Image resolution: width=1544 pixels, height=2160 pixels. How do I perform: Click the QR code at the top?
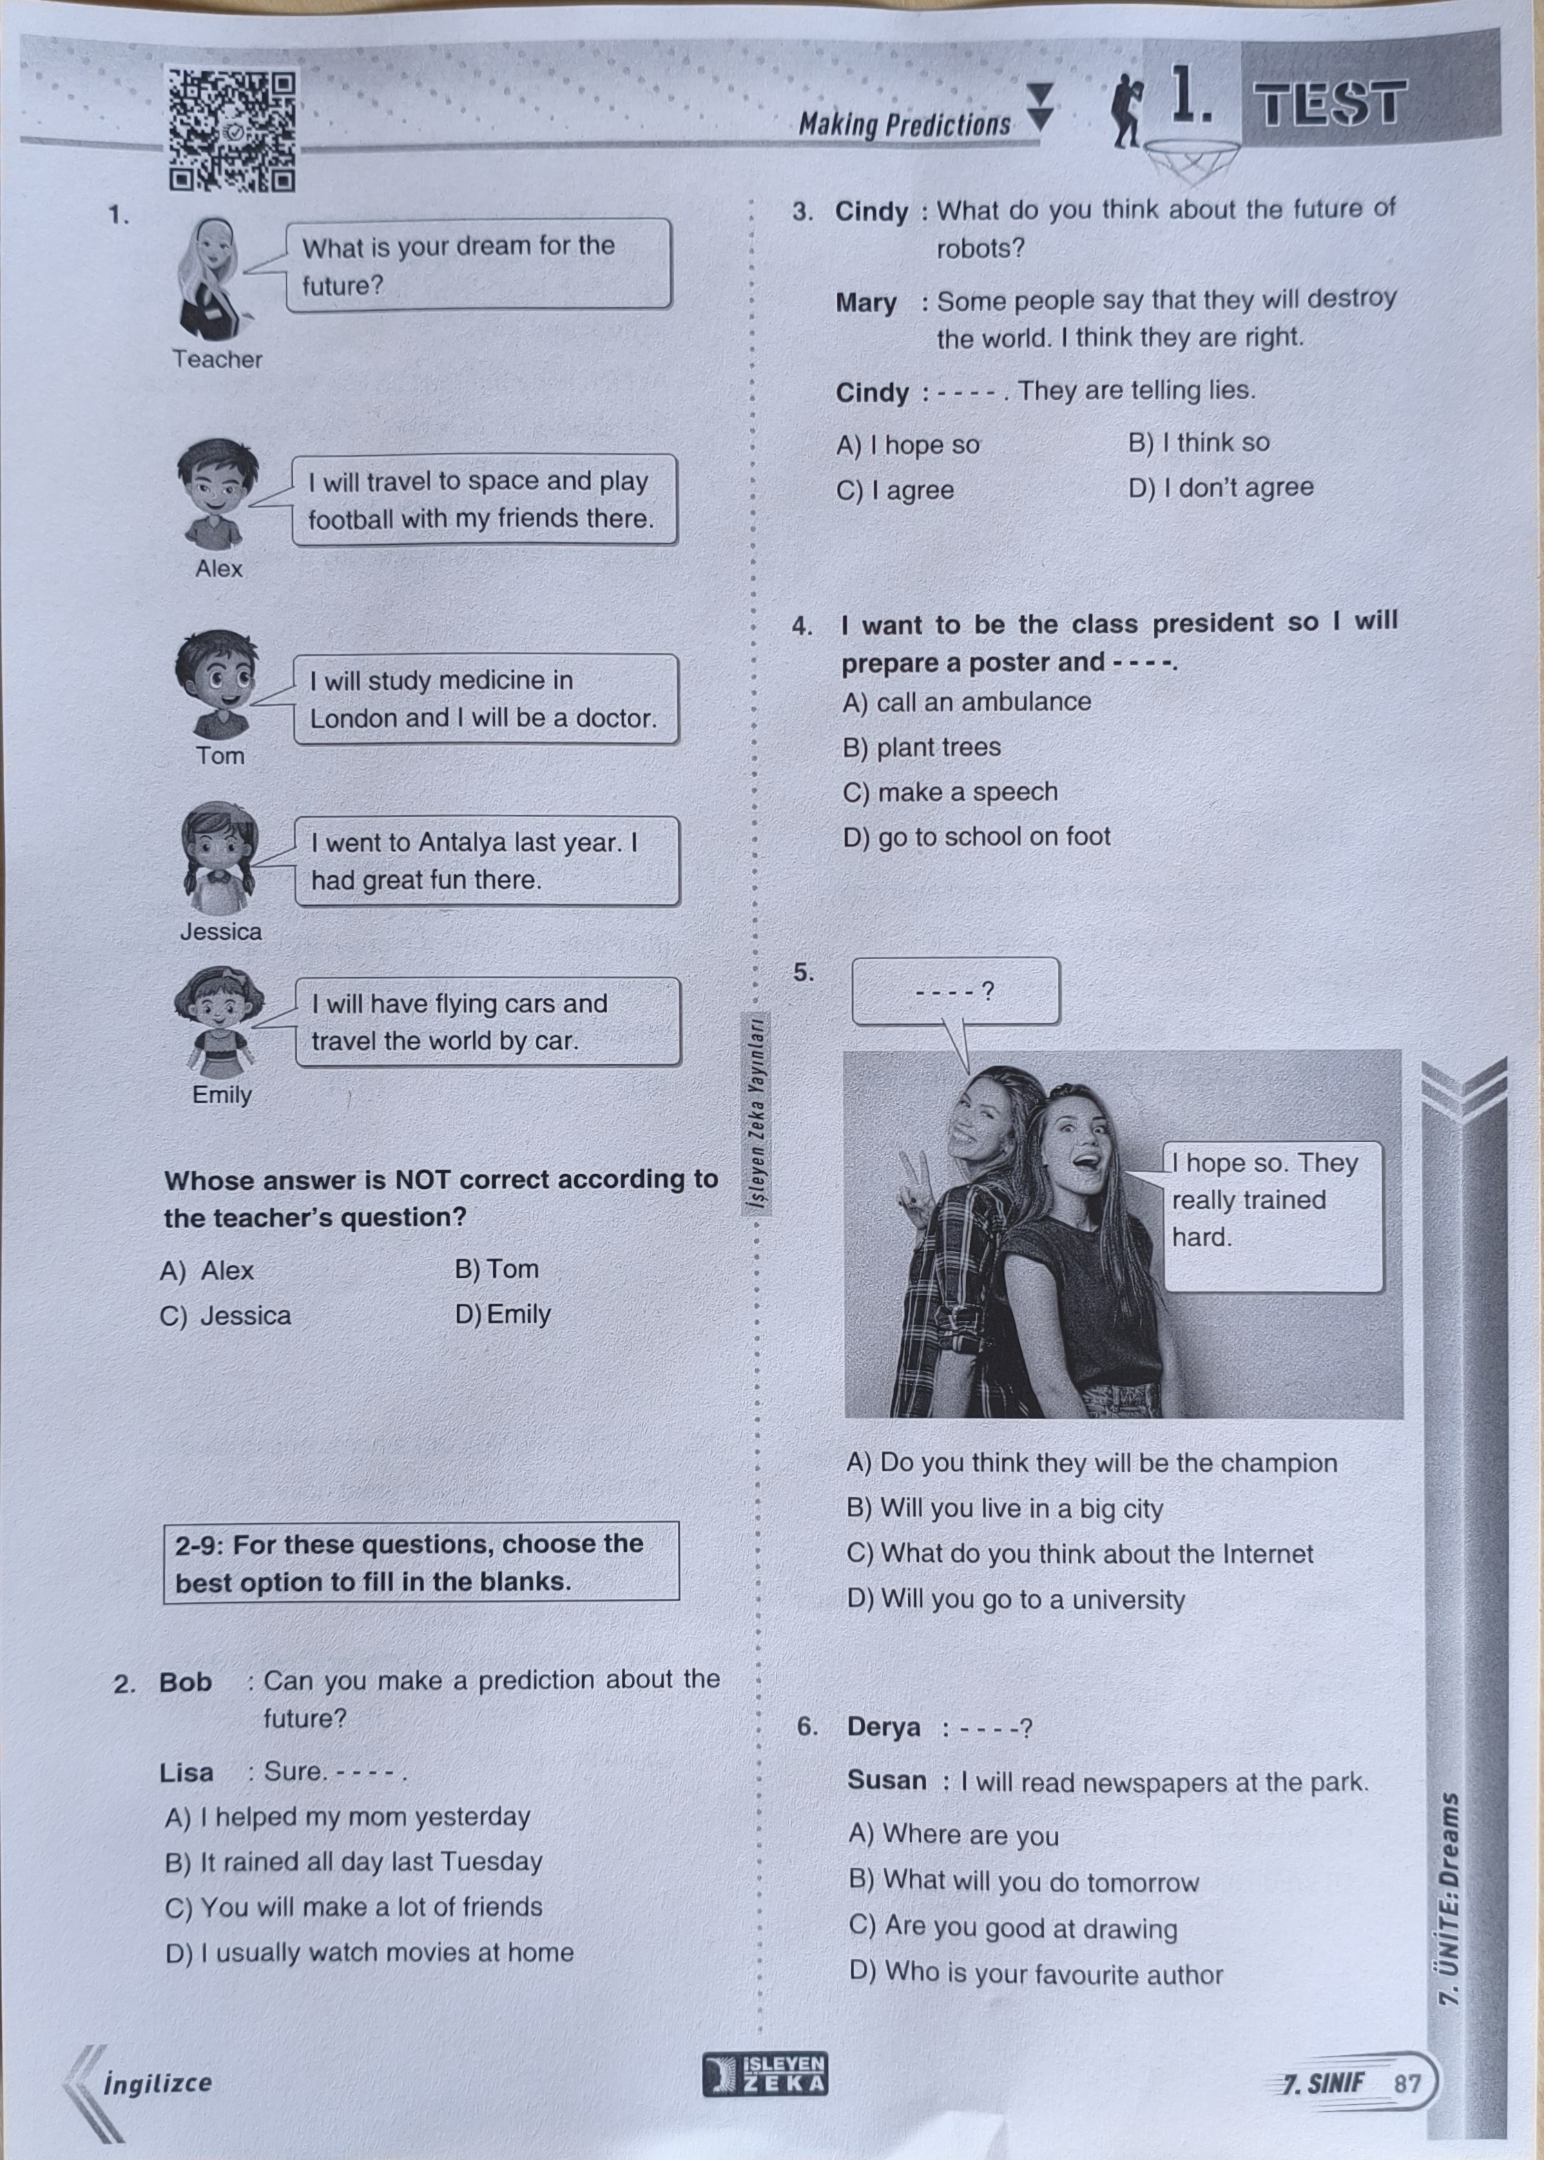point(232,128)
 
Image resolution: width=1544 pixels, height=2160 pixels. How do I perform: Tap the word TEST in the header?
point(1328,103)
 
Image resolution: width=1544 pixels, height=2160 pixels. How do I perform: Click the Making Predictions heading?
point(904,124)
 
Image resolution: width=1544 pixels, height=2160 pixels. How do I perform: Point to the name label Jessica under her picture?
point(220,932)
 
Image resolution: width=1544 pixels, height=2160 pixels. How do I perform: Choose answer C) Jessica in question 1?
point(226,1315)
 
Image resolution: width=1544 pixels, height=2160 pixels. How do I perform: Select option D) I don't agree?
point(1221,488)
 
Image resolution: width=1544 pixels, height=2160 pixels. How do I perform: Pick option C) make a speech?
point(949,792)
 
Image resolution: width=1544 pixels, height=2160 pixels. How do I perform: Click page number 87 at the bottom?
point(1407,2083)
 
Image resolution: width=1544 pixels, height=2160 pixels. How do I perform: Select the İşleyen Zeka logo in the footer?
point(765,2074)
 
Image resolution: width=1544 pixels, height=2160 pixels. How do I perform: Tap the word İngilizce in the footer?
point(158,2083)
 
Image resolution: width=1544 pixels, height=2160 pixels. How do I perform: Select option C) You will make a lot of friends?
point(354,1907)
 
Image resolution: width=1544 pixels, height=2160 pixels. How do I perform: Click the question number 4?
point(802,626)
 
